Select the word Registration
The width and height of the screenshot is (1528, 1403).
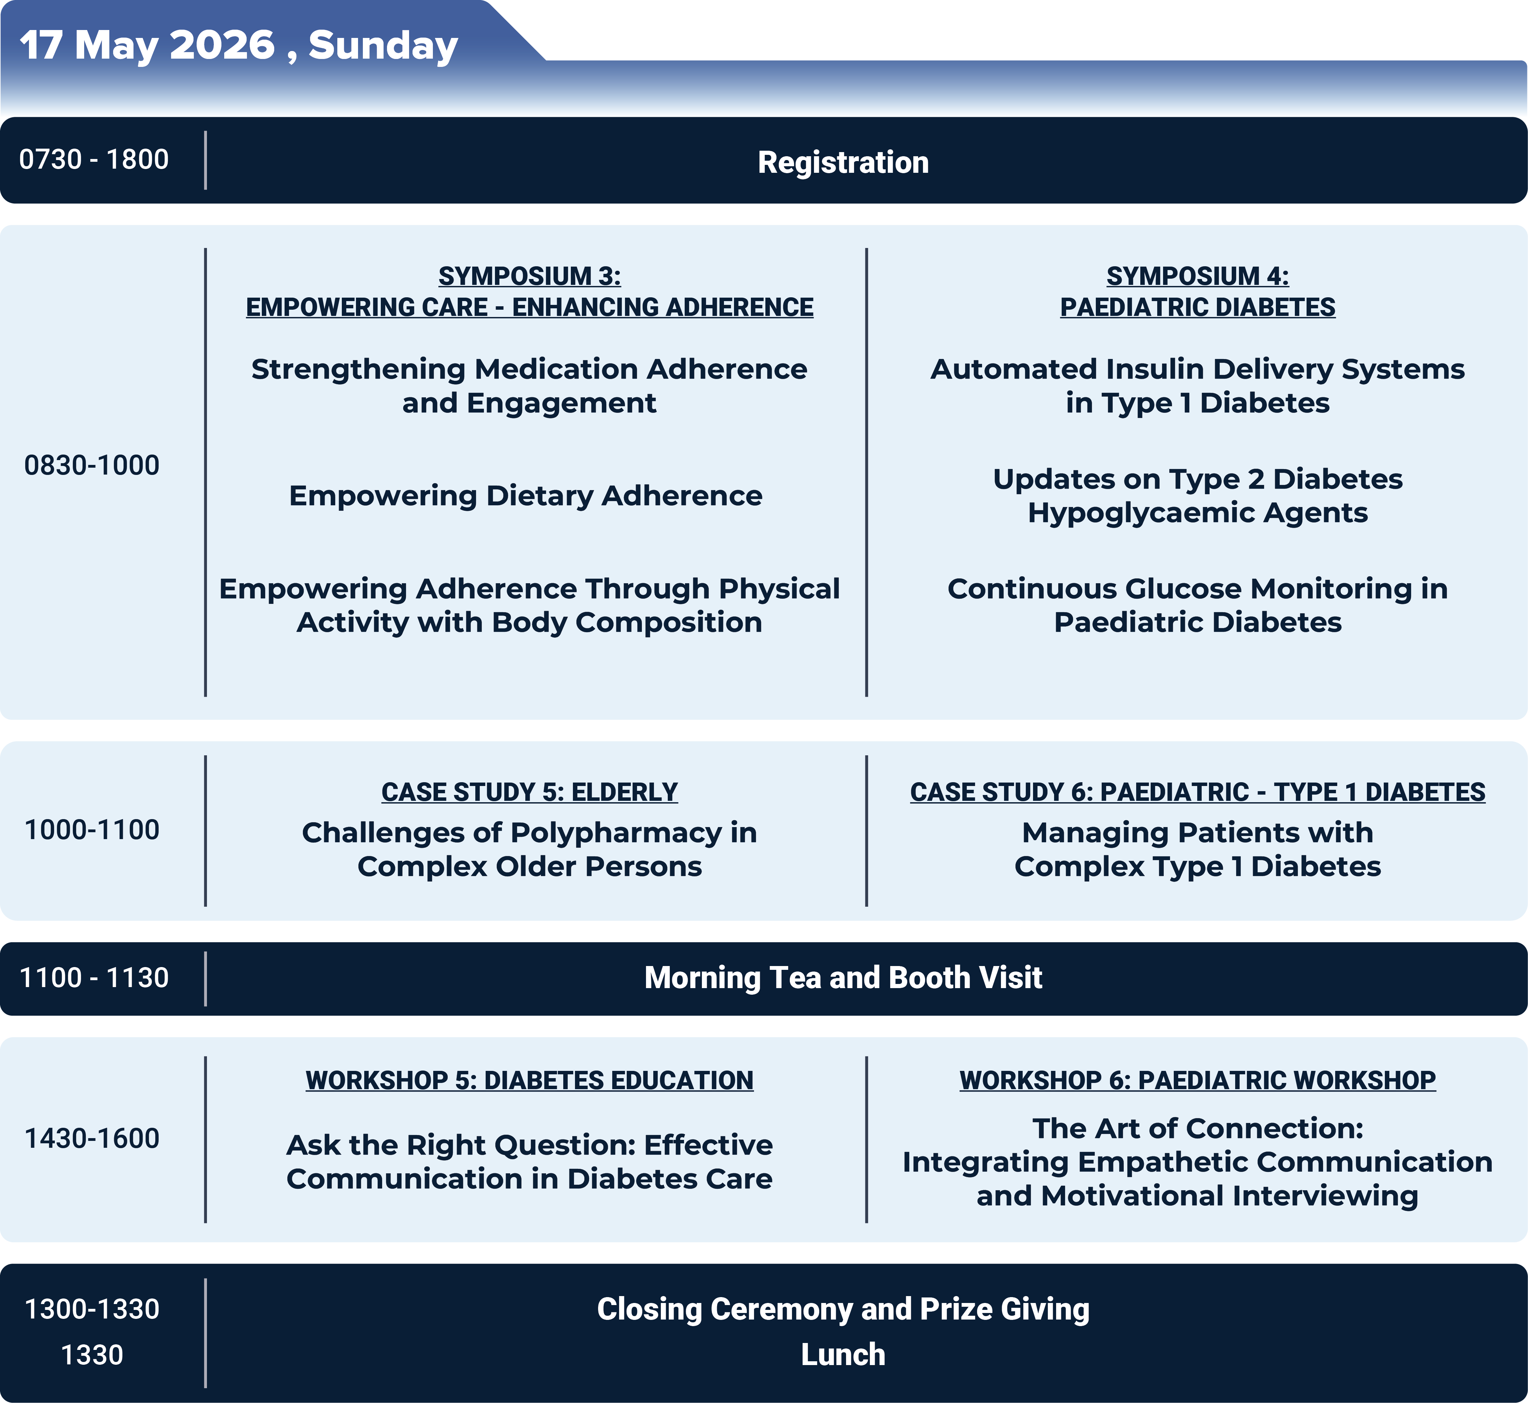pos(843,162)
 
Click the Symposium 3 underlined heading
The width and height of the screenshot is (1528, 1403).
pos(529,291)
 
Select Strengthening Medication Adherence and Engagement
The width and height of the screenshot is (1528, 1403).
pos(529,386)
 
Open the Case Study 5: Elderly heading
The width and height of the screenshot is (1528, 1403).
pos(529,792)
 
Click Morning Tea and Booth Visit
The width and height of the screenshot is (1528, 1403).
pos(843,978)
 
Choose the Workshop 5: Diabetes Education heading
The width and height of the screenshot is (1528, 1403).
pos(529,1080)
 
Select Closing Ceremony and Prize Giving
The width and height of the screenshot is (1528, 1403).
pos(843,1309)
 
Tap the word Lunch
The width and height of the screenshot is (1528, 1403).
pos(843,1354)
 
